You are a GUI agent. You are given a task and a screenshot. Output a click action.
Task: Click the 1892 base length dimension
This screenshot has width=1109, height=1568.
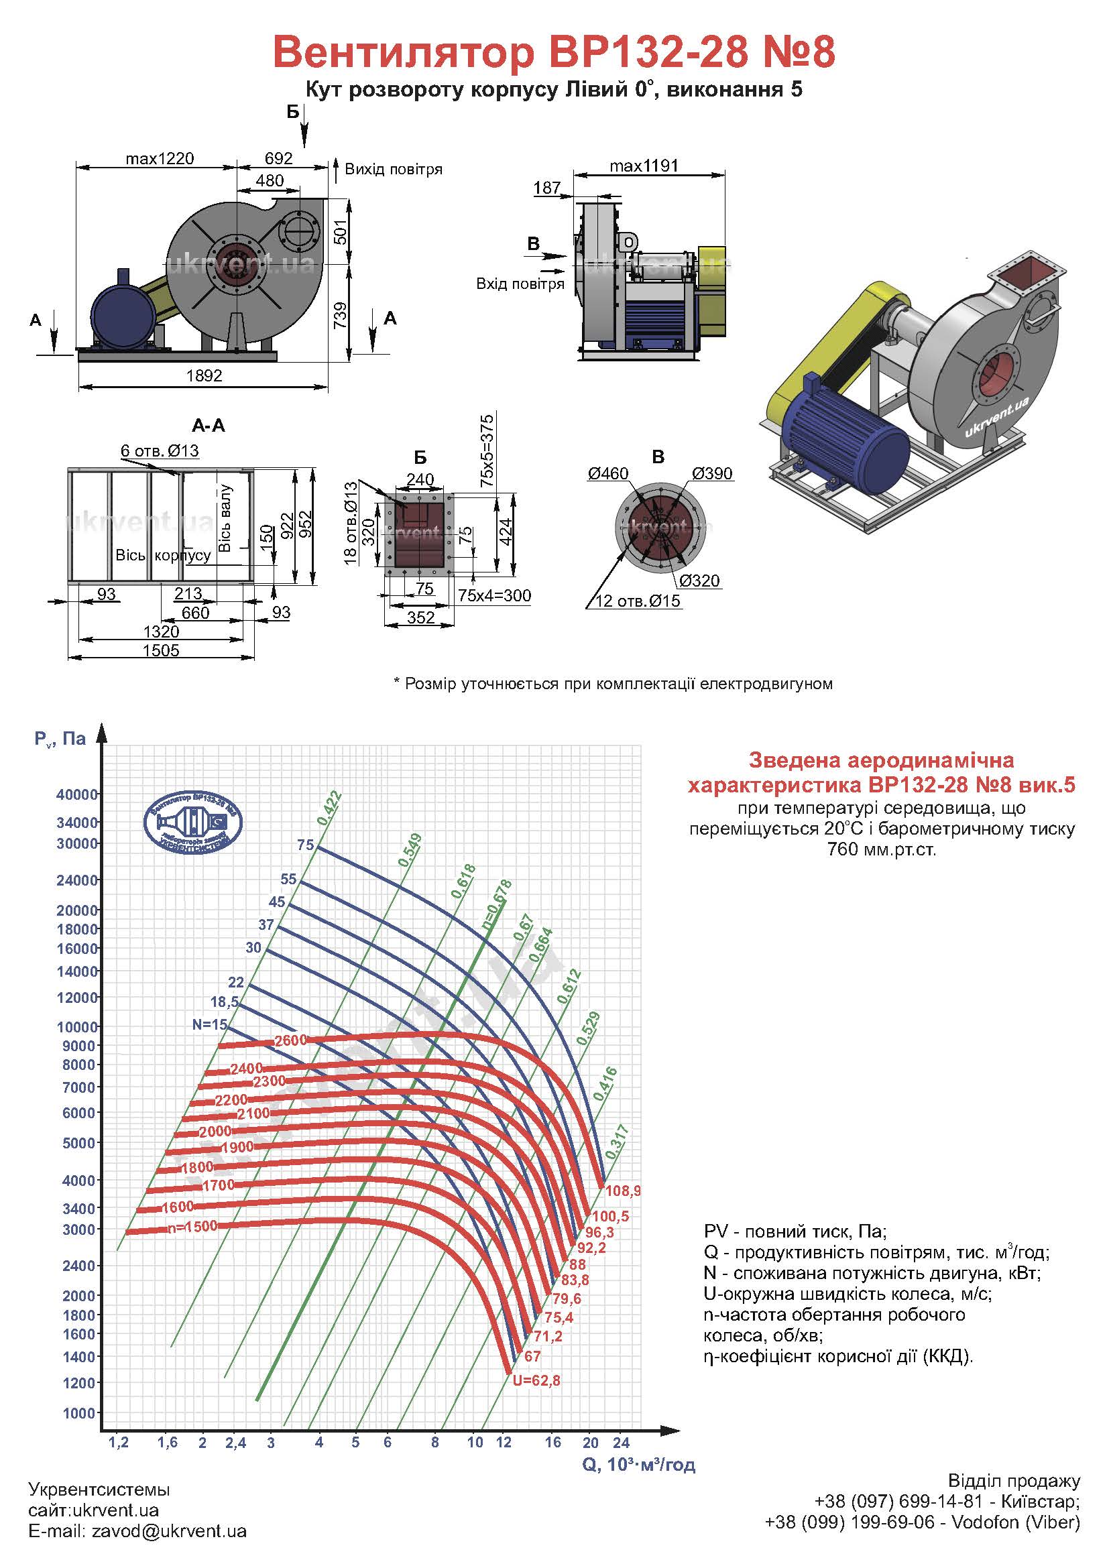tap(205, 375)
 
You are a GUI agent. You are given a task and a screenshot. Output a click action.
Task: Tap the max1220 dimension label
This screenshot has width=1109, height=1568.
tap(160, 159)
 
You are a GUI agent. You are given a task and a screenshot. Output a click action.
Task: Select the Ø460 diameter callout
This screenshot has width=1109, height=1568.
tap(607, 473)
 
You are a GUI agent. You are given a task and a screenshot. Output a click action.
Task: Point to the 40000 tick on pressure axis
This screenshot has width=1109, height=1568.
tap(77, 794)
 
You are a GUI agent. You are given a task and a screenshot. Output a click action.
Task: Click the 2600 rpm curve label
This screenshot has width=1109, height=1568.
tap(290, 1041)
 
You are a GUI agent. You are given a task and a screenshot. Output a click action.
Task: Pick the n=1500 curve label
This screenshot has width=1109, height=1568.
tap(192, 1226)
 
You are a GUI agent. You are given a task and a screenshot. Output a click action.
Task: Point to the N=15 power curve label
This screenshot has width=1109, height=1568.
tap(210, 1024)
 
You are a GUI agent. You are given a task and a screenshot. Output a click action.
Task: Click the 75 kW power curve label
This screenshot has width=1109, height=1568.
tap(305, 845)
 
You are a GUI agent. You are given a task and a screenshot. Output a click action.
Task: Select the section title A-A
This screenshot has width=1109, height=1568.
tap(209, 426)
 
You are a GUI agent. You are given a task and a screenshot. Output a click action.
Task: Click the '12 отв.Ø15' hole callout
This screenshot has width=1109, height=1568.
tap(638, 601)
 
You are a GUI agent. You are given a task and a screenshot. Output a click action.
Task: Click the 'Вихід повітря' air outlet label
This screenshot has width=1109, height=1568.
tap(394, 169)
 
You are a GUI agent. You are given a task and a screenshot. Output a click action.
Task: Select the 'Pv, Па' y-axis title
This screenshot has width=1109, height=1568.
tap(60, 738)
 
